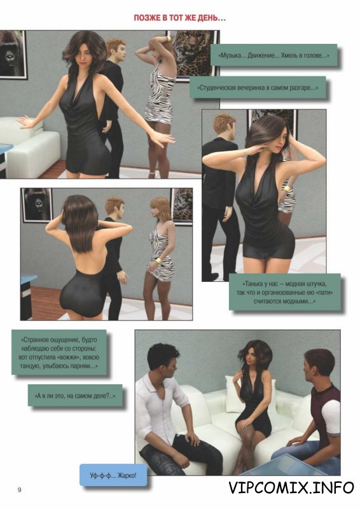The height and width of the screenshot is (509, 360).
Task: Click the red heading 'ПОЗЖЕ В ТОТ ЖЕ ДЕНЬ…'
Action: click(x=179, y=18)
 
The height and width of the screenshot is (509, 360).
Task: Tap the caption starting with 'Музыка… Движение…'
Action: click(x=273, y=55)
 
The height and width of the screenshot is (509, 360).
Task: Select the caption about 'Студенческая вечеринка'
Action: click(x=258, y=87)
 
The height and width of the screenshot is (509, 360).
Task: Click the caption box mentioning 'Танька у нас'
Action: click(x=285, y=292)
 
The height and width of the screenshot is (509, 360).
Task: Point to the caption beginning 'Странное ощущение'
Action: click(x=59, y=352)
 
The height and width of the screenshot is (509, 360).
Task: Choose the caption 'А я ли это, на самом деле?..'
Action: click(x=75, y=395)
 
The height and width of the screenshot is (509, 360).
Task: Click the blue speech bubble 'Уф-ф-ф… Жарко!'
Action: click(x=113, y=475)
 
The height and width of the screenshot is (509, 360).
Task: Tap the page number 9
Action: click(x=20, y=489)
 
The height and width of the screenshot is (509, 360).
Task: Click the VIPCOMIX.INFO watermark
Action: click(x=291, y=487)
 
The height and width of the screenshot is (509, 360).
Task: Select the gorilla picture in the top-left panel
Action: click(x=12, y=54)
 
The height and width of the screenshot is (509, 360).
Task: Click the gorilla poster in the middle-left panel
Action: click(x=37, y=205)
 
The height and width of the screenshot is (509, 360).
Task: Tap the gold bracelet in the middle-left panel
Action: click(x=158, y=261)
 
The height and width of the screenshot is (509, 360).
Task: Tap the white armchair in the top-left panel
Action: click(x=30, y=146)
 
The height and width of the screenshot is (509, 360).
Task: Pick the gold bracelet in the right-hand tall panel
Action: click(x=287, y=190)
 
